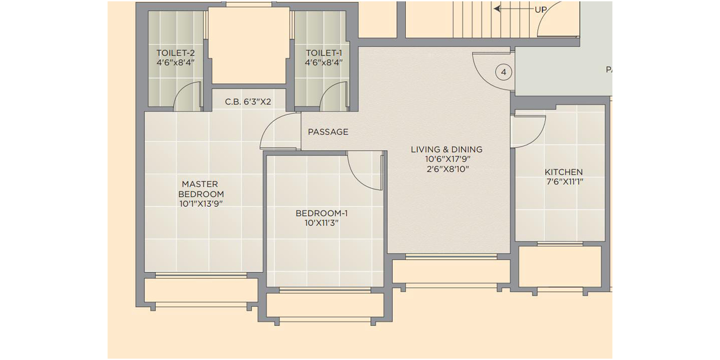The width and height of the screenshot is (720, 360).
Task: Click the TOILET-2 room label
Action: (175, 52)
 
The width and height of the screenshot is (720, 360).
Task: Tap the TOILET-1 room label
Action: (323, 52)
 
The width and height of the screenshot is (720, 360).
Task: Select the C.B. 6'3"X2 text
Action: (248, 102)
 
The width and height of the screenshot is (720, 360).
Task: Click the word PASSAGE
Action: (328, 132)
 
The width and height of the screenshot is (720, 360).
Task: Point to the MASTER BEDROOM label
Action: (201, 189)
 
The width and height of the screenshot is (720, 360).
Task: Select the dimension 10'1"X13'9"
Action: (201, 204)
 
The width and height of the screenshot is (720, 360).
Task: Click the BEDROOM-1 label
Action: (321, 213)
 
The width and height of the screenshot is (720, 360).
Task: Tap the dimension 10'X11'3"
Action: (321, 223)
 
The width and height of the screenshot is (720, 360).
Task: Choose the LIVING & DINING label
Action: (446, 150)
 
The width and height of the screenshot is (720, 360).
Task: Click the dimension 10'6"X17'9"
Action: (447, 159)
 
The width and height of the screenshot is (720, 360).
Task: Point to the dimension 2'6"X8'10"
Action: (447, 169)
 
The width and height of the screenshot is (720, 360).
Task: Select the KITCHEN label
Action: (564, 172)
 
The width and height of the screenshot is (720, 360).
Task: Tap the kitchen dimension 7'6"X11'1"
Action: (565, 182)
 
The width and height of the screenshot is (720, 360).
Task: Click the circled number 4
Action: (503, 73)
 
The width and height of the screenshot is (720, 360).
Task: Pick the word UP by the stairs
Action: (541, 10)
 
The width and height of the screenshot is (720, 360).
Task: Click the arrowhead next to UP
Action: (497, 9)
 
